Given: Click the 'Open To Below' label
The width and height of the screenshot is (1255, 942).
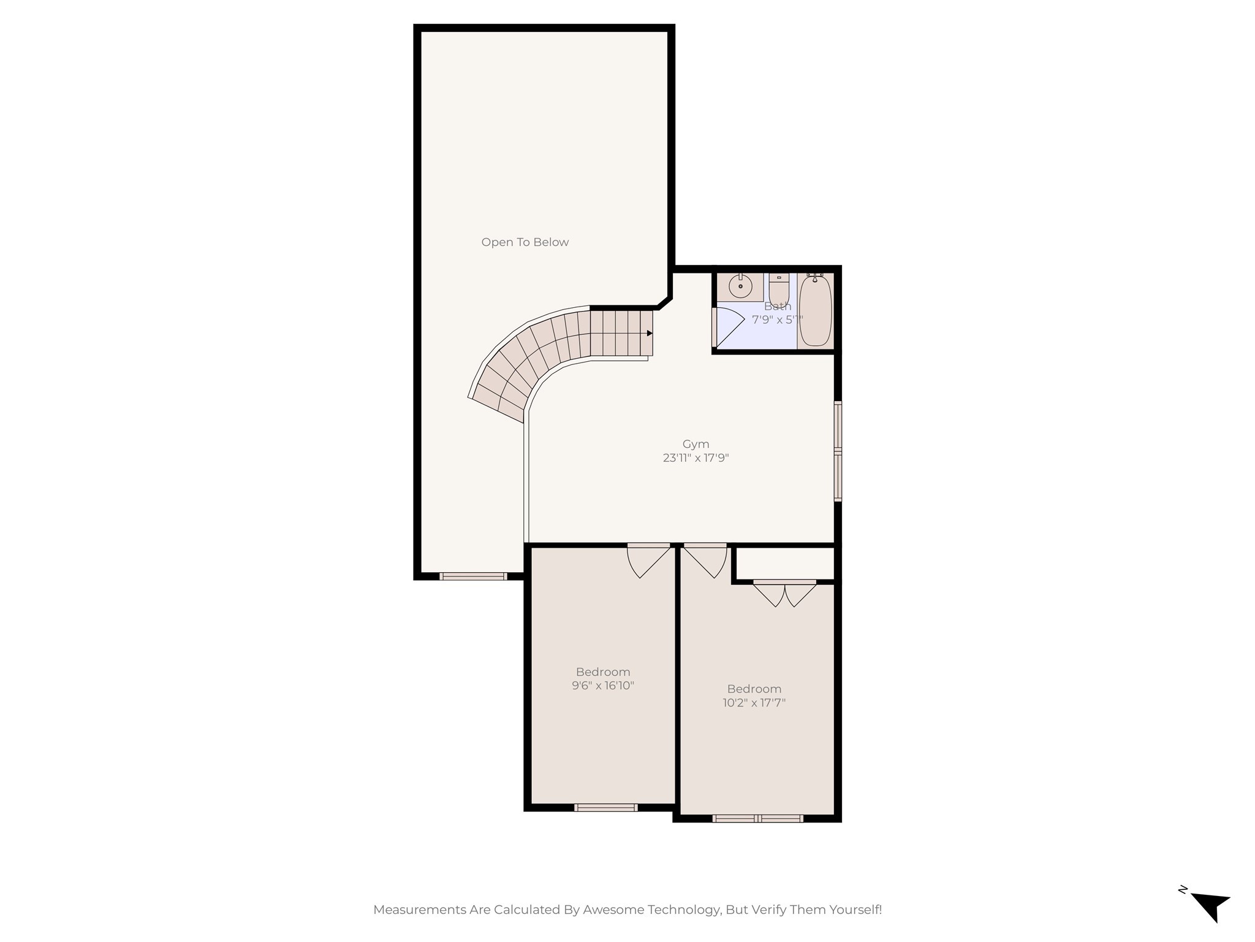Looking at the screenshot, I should click(525, 242).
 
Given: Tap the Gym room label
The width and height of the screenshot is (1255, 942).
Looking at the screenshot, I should click(696, 444).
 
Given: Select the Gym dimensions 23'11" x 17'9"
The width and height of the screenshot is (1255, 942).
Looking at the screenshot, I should click(696, 458).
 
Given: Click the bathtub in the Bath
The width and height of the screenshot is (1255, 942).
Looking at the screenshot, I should click(815, 312).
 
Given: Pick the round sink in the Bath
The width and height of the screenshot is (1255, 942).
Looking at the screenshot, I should click(740, 286).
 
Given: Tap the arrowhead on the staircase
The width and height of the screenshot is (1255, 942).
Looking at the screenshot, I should click(650, 333).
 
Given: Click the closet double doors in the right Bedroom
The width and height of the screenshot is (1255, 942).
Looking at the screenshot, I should click(785, 593).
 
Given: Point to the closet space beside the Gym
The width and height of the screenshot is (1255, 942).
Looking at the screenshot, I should click(785, 563).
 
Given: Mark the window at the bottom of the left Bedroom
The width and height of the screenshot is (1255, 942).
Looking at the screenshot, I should click(605, 807).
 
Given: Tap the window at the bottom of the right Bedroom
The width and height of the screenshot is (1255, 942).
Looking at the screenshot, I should click(758, 818).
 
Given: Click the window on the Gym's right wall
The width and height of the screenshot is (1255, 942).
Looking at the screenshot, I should click(838, 451).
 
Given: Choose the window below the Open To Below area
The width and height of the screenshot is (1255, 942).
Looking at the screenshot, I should click(473, 576).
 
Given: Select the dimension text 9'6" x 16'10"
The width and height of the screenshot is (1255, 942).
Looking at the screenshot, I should click(603, 686).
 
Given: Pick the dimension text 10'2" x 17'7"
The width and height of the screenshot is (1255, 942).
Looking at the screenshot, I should click(754, 703).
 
